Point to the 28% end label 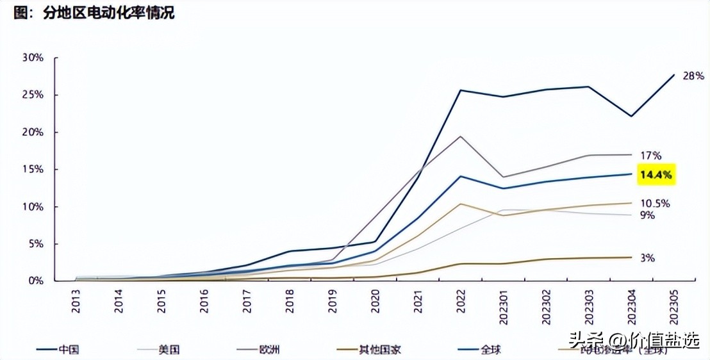click(693, 76)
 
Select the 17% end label click(651, 155)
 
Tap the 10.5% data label click(654, 203)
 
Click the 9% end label click(647, 216)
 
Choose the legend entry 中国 click(69, 350)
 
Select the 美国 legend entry click(169, 350)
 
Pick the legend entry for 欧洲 click(267, 350)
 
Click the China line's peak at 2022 click(461, 90)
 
